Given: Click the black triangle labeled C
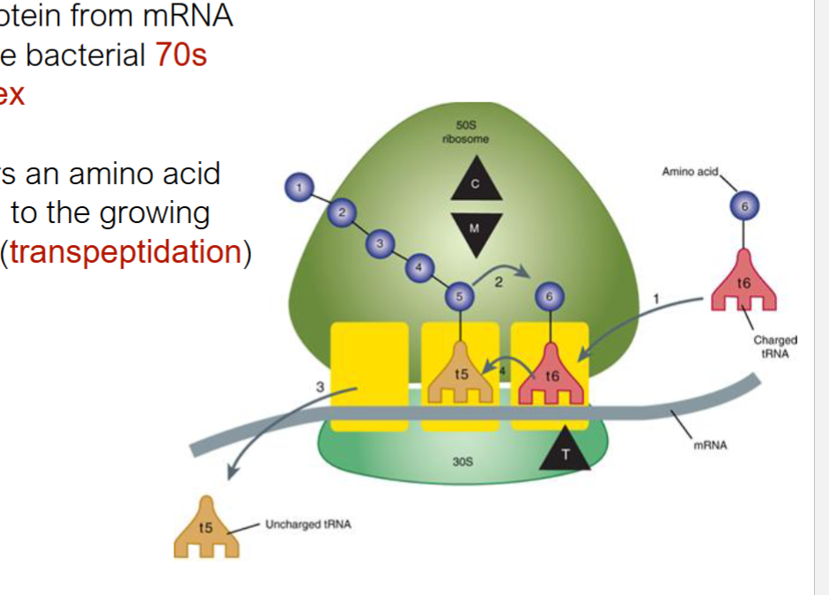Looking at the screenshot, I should [476, 183].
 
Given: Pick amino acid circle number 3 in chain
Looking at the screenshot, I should [380, 242].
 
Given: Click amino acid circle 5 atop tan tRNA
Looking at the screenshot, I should [457, 297].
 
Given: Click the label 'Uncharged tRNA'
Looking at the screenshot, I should [307, 524].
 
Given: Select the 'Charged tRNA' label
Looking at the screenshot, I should [774, 346].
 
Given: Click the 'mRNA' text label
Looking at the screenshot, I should [710, 445].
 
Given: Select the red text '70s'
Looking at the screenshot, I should [181, 55].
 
